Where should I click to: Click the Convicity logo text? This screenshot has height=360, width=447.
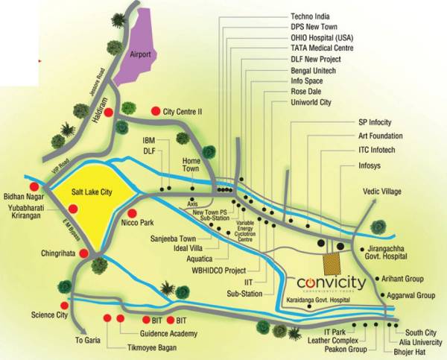click(326, 283)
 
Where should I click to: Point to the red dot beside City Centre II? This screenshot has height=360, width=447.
click(155, 110)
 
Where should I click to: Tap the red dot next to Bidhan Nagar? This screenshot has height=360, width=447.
click(34, 186)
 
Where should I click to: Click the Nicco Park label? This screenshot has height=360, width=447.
click(136, 221)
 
